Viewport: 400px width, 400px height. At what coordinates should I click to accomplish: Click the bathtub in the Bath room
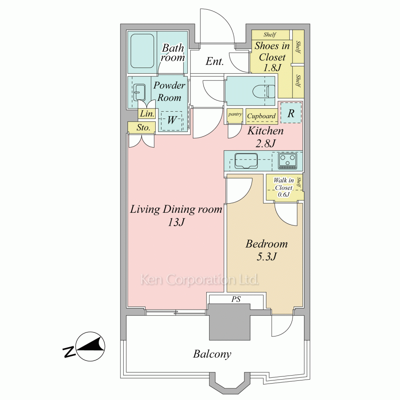tap(142, 51)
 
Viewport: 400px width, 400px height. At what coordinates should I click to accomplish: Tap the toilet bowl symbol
tap(264, 91)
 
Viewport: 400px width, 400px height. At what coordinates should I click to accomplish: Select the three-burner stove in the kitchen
tap(288, 161)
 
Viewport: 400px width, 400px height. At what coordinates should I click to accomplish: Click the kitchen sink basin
tap(246, 161)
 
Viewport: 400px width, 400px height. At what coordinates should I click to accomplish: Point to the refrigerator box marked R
tap(291, 113)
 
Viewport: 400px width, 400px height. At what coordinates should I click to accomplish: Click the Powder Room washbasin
tap(139, 92)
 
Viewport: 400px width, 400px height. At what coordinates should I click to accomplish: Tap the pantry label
tap(235, 114)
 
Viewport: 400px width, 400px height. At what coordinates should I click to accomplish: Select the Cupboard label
tap(261, 116)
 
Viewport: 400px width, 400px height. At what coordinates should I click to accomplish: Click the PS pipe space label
tap(236, 299)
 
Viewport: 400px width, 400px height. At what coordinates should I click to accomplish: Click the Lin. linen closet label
tap(147, 114)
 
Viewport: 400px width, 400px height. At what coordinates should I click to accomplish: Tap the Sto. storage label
tap(143, 127)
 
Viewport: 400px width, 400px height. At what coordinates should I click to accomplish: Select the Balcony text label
tap(212, 354)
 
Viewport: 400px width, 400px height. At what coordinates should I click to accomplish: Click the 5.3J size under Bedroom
tap(266, 256)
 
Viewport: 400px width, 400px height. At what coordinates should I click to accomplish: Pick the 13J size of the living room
tap(176, 222)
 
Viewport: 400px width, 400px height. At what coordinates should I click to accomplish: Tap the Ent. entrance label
tap(214, 61)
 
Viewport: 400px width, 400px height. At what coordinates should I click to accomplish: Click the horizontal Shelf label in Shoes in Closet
tap(270, 34)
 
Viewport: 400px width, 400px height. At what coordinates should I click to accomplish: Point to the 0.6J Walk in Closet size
tap(284, 194)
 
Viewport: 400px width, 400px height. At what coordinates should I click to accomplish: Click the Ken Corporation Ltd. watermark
tap(200, 280)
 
